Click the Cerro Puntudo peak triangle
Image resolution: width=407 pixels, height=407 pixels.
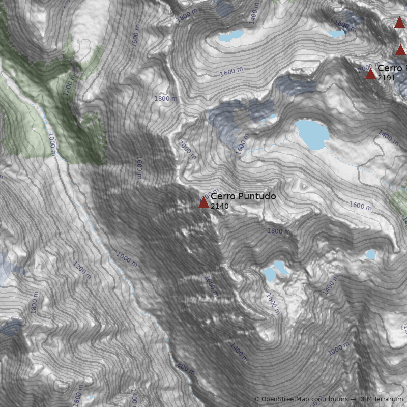point(203,202)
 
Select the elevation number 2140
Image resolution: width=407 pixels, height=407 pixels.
point(220,206)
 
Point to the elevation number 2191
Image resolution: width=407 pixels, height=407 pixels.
point(386,78)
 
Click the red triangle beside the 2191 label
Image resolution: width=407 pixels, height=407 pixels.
point(370,74)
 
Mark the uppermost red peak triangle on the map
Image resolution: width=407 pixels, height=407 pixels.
point(399,22)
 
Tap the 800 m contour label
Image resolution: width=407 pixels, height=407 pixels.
point(186,368)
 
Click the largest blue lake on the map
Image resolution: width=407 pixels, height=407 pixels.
point(312,134)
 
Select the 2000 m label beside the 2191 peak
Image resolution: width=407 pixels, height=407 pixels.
point(369,66)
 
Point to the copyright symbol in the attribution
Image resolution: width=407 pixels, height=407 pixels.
point(256,399)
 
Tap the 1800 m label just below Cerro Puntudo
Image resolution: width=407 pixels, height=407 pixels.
point(278,231)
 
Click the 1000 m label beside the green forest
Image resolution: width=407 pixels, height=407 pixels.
point(51,143)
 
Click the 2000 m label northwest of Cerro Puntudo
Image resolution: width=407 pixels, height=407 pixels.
point(187,150)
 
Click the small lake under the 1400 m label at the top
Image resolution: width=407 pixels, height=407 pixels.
point(231,36)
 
